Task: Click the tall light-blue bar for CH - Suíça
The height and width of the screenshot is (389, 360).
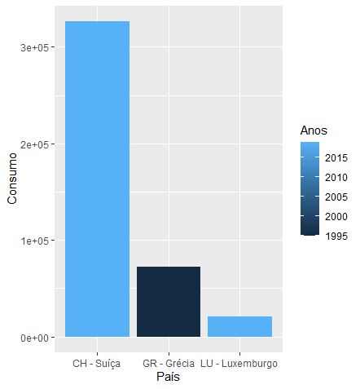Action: [x=97, y=179]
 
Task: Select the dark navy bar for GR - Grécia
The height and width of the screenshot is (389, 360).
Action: [x=169, y=302]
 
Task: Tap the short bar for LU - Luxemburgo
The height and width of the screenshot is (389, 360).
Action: [x=239, y=326]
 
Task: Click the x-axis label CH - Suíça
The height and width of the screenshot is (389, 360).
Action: [x=97, y=362]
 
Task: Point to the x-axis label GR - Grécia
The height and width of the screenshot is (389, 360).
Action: [x=168, y=362]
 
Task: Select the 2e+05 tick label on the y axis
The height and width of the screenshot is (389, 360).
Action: [x=37, y=144]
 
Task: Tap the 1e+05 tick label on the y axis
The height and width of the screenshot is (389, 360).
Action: [x=37, y=241]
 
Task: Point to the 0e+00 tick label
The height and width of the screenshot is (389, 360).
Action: [x=37, y=338]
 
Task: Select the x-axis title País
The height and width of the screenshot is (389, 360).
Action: [x=168, y=377]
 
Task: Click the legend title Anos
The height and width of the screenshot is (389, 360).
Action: [x=314, y=130]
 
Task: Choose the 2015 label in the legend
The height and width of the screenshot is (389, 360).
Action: [x=336, y=157]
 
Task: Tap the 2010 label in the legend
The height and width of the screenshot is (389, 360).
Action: [x=336, y=177]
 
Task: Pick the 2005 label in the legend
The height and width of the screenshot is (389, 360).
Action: [x=336, y=197]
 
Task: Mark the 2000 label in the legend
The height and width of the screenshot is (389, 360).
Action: [x=336, y=217]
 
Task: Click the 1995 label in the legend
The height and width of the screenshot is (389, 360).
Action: [x=336, y=237]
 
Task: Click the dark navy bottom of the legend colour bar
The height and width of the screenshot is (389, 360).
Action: [x=309, y=232]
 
